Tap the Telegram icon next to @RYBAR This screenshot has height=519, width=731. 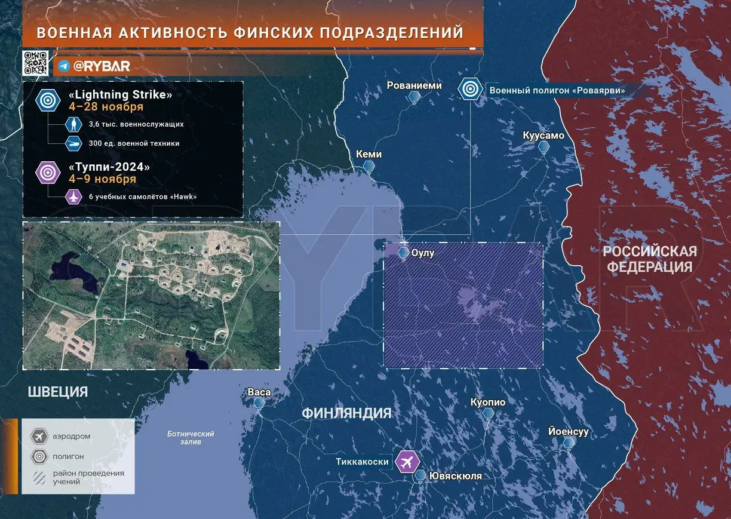pos(64,66)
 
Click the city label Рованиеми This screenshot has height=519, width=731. pos(414,85)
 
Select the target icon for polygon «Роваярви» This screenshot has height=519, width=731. pos(471,90)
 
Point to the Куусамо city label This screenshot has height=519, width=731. pos(543,136)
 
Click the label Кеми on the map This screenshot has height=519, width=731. pos(368,154)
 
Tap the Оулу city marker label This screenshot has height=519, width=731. pos(423,253)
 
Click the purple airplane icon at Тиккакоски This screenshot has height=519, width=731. pos(408,461)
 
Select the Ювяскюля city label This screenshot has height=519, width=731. pos(455,476)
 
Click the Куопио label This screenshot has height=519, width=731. pos(487,402)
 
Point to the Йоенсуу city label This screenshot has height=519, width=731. pos(569,431)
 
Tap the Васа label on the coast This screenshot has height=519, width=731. pos(259,392)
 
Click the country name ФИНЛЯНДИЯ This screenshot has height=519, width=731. pos(346,413)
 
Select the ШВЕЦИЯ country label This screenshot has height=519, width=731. pos(57,392)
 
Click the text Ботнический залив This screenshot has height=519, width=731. pos(191,438)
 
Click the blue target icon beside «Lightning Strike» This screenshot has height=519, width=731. pos(47,100)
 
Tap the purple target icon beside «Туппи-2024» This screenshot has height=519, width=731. pos(47,173)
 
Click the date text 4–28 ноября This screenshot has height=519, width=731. pos(106,107)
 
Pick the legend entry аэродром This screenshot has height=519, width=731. pos(70,437)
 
